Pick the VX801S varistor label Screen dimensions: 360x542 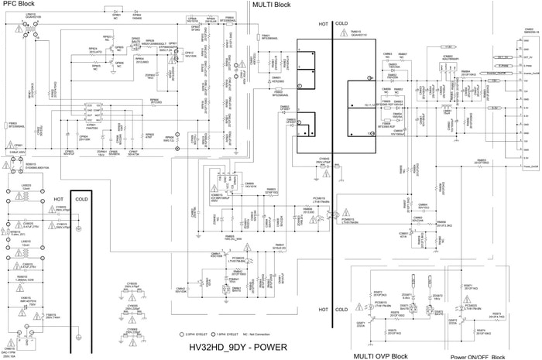(27, 298)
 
